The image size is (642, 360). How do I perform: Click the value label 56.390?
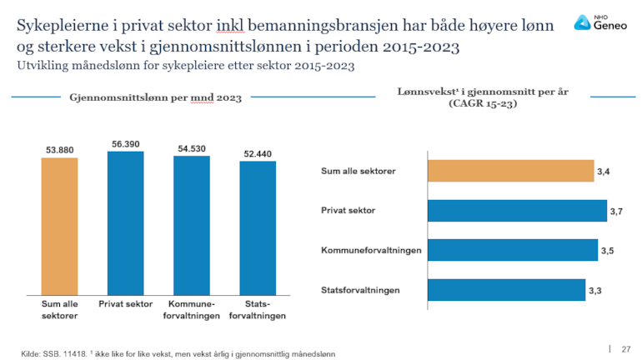click(x=126, y=144)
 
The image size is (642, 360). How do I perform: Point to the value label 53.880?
click(x=60, y=150)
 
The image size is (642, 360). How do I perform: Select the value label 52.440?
click(x=258, y=153)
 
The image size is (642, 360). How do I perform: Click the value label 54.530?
click(x=193, y=148)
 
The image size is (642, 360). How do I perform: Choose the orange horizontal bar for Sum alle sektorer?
click(x=510, y=171)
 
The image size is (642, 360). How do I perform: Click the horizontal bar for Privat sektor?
click(x=517, y=211)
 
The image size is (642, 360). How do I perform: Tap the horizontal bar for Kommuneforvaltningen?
click(x=513, y=250)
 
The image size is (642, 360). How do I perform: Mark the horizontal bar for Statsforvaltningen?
click(x=506, y=290)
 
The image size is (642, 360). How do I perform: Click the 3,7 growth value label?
click(x=617, y=212)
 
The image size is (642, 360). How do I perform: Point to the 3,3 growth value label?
click(x=595, y=291)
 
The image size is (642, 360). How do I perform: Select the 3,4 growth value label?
click(x=604, y=172)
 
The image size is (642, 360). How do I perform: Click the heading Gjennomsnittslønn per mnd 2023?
click(x=156, y=98)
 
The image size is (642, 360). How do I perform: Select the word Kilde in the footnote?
click(x=30, y=353)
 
